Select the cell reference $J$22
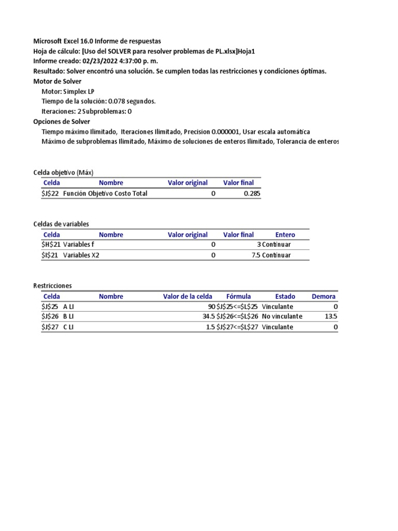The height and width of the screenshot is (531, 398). [x=51, y=193]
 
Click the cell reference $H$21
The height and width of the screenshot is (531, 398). [x=51, y=244]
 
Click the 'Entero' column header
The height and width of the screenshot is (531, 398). [x=285, y=234]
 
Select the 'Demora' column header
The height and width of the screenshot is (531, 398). [x=324, y=297]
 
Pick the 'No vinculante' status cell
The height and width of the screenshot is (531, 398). [x=282, y=316]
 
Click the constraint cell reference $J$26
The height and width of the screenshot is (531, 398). [x=51, y=316]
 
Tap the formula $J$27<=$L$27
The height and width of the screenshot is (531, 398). [x=237, y=327]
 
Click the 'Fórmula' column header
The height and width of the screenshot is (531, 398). [x=238, y=297]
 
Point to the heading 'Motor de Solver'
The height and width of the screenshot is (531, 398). [x=57, y=81]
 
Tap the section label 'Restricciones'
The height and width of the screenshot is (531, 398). [x=52, y=286]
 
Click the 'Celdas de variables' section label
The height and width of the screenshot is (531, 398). [x=61, y=223]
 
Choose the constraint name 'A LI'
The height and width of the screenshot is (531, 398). [x=68, y=306]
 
